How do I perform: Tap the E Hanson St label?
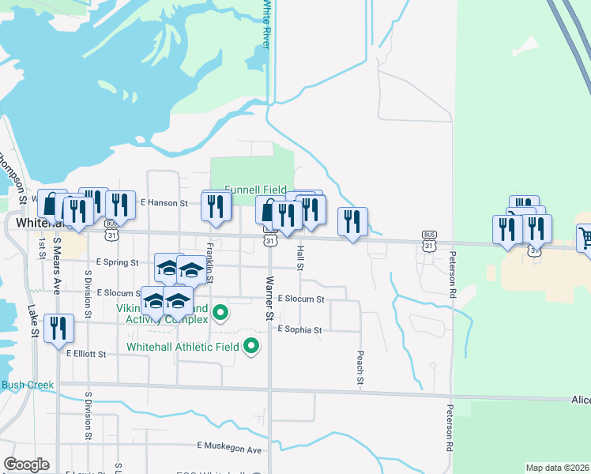click(x=164, y=203)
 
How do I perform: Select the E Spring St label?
click(x=117, y=261)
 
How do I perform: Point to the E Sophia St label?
click(x=299, y=330)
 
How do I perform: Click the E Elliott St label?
click(x=86, y=355)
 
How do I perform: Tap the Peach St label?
click(x=359, y=368)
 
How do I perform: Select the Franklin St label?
click(x=210, y=262)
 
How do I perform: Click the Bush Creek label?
click(x=28, y=386)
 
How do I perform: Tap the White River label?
click(x=266, y=24)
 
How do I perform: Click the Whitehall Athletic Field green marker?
click(x=252, y=346)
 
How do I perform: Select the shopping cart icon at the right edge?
click(x=585, y=236)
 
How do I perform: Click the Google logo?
click(x=26, y=465)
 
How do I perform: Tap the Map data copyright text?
click(x=558, y=468)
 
